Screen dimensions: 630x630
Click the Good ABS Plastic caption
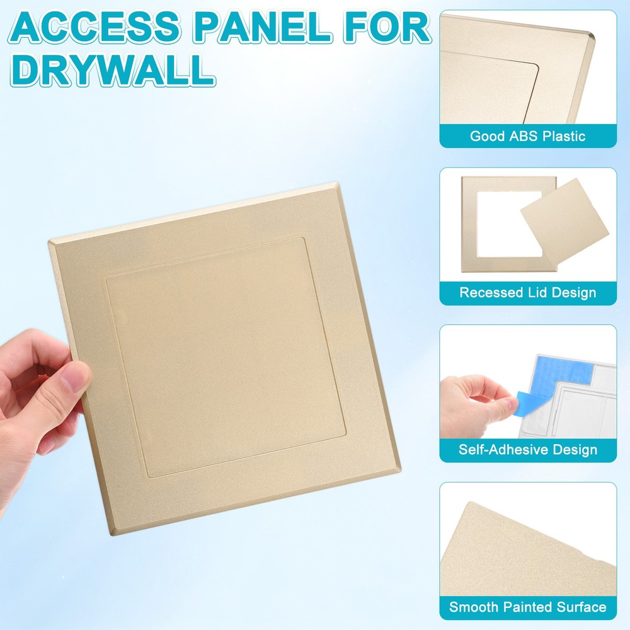pyautogui.click(x=528, y=136)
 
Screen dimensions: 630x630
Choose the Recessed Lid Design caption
pyautogui.click(x=528, y=293)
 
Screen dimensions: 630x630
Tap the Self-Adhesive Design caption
pyautogui.click(x=528, y=450)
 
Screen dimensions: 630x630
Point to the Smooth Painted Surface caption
pyautogui.click(x=528, y=607)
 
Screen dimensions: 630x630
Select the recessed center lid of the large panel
pyautogui.click(x=224, y=356)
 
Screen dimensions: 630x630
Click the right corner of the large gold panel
pyautogui.click(x=399, y=470)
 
